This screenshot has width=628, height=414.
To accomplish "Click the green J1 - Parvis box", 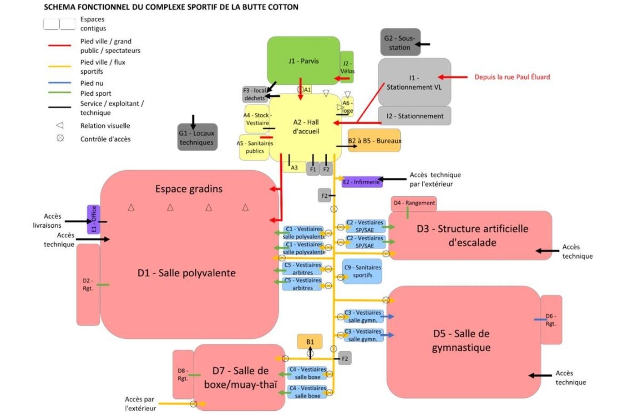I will pyautogui.click(x=303, y=60).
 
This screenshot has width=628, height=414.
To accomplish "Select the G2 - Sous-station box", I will pyautogui.click(x=400, y=42).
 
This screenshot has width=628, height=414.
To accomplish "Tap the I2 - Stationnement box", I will pyautogui.click(x=415, y=116).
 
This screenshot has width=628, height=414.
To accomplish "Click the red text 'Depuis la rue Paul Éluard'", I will pyautogui.click(x=512, y=77).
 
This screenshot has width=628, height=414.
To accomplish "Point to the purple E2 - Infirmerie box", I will pyautogui.click(x=362, y=182).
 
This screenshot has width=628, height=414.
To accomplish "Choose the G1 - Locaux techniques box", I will pyautogui.click(x=197, y=137).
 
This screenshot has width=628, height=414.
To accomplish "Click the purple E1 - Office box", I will pyautogui.click(x=93, y=219).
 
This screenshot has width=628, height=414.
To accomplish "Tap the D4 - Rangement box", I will pyautogui.click(x=414, y=203).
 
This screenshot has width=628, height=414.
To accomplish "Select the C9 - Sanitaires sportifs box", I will pyautogui.click(x=362, y=271).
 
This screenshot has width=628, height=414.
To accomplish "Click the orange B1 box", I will pyautogui.click(x=310, y=342).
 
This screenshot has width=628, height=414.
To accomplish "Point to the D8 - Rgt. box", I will pyautogui.click(x=183, y=374).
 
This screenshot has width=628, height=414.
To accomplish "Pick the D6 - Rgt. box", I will pyautogui.click(x=551, y=320).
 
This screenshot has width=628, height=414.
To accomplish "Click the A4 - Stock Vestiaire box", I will pyautogui.click(x=257, y=119).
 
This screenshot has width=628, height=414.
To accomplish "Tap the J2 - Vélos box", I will pyautogui.click(x=347, y=66).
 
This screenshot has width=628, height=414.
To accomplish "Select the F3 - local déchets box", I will pyautogui.click(x=254, y=94).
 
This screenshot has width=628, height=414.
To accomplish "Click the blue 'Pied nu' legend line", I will pyautogui.click(x=60, y=83).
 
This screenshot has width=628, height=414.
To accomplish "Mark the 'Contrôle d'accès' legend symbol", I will pyautogui.click(x=60, y=138).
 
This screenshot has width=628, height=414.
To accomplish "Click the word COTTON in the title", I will pyautogui.click(x=282, y=7).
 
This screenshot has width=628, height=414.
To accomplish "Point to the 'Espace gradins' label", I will pyautogui.click(x=189, y=189).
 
